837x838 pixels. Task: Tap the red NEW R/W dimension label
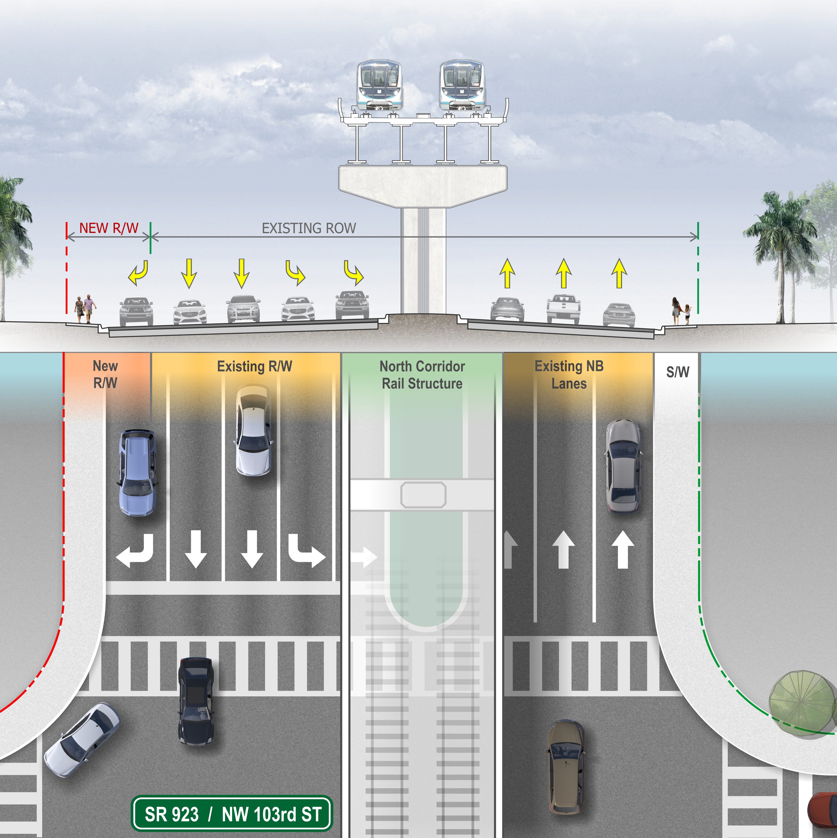click(108, 228)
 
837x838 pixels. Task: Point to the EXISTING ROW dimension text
click(309, 228)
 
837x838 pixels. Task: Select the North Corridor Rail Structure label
click(422, 375)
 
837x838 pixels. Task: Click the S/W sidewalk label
click(678, 372)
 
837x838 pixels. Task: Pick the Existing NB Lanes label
click(569, 375)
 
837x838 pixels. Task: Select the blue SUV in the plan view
click(137, 473)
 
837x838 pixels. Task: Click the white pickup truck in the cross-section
click(563, 308)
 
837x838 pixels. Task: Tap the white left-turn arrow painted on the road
click(135, 551)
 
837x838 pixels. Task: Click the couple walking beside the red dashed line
click(85, 309)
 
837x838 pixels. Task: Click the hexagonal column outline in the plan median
click(423, 494)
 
